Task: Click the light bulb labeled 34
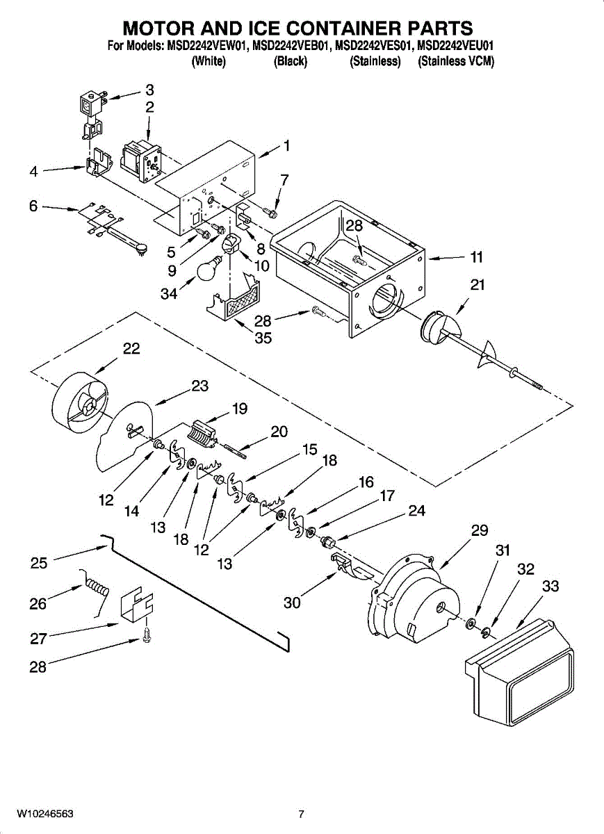pyautogui.click(x=209, y=268)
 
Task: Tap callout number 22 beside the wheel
pyautogui.click(x=131, y=349)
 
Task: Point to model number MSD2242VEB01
pyautogui.click(x=291, y=46)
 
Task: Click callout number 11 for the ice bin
pyautogui.click(x=477, y=257)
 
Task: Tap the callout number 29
pyautogui.click(x=479, y=530)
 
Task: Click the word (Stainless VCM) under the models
pyautogui.click(x=456, y=61)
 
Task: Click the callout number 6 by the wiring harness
pyautogui.click(x=34, y=206)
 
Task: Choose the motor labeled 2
pyautogui.click(x=140, y=161)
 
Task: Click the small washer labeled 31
pyautogui.click(x=471, y=622)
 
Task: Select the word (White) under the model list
pyautogui.click(x=209, y=61)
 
